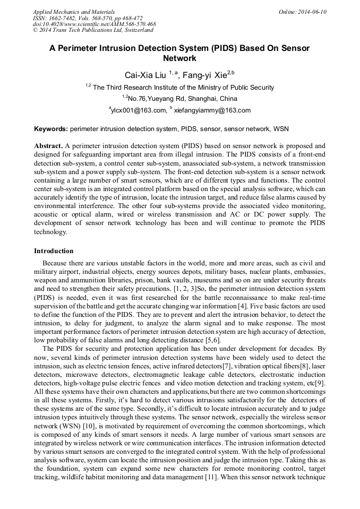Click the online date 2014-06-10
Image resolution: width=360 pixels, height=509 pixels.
308,12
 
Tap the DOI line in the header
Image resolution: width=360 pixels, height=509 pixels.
94,24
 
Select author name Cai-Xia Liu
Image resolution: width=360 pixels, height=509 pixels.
145,75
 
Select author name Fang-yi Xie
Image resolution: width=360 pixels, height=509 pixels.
203,75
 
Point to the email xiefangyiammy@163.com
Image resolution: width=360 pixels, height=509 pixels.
212,110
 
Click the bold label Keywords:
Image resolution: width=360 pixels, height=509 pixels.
51,129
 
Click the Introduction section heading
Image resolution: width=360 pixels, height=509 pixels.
54,251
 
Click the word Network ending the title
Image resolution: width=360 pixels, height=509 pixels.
179,58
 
